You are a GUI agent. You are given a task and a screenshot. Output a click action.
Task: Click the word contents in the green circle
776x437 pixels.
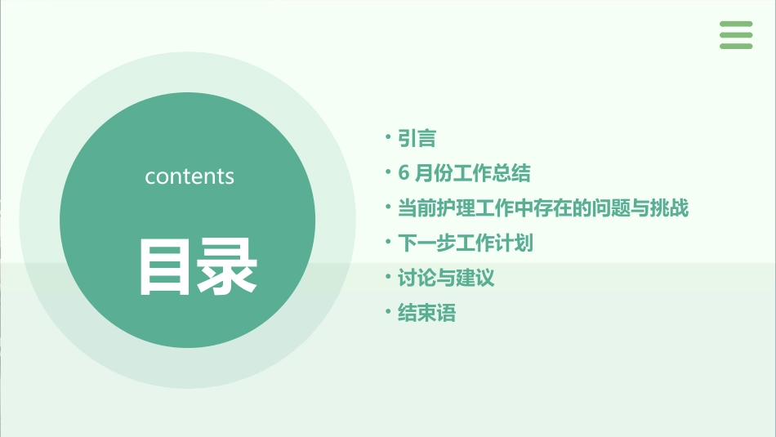[x=190, y=176]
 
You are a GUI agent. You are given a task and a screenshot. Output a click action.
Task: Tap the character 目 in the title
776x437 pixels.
[x=164, y=266]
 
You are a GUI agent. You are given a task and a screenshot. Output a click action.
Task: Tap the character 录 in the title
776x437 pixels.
[x=227, y=266]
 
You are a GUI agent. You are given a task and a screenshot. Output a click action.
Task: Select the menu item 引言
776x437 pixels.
[x=417, y=139]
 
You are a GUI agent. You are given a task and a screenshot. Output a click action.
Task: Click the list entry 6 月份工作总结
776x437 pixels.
[x=464, y=173]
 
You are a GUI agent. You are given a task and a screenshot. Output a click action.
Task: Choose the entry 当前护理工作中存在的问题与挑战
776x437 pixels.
[x=542, y=208]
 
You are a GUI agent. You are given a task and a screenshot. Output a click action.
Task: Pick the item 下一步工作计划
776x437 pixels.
[x=465, y=243]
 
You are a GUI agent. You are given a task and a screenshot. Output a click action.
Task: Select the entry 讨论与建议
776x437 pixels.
[x=445, y=279]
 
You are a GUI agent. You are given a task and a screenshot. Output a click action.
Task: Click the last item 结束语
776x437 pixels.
[x=426, y=313]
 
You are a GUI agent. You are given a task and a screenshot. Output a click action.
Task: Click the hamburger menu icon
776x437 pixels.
[x=736, y=35]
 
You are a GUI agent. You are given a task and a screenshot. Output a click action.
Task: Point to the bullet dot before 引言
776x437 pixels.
[x=389, y=138]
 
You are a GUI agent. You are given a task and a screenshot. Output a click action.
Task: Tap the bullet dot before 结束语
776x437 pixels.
[x=389, y=312]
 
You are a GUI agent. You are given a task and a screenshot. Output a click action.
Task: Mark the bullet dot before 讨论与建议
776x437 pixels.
[x=389, y=278]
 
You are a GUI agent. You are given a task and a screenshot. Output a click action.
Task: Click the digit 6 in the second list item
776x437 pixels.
[x=403, y=173]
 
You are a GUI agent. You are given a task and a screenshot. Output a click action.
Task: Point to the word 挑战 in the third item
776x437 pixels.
[x=670, y=208]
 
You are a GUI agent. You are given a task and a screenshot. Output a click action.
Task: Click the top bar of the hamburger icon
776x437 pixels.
[x=736, y=24]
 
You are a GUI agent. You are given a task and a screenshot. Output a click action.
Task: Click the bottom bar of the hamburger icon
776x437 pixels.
[x=736, y=46]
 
